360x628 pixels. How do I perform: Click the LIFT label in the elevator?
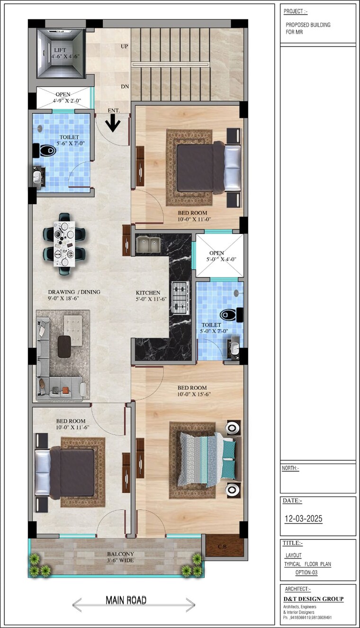[x=60, y=50]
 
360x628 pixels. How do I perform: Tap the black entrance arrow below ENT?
[x=113, y=124]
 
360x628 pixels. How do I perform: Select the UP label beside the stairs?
[x=125, y=46]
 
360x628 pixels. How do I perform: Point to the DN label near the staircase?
[x=125, y=87]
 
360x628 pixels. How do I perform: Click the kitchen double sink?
[x=148, y=244]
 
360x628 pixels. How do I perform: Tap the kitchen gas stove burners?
[x=180, y=298]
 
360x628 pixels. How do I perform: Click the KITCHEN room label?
[x=148, y=293]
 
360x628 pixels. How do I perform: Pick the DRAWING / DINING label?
[x=74, y=292]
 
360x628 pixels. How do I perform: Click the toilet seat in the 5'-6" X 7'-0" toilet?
[x=47, y=151]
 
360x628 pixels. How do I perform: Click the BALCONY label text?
[x=120, y=554]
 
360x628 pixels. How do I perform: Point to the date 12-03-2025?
[x=303, y=519]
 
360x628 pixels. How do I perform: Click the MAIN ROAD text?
[x=126, y=601]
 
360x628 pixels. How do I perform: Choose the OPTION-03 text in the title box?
[x=306, y=573]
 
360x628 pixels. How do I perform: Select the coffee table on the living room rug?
[x=64, y=346]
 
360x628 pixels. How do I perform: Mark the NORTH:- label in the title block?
[x=290, y=468]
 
